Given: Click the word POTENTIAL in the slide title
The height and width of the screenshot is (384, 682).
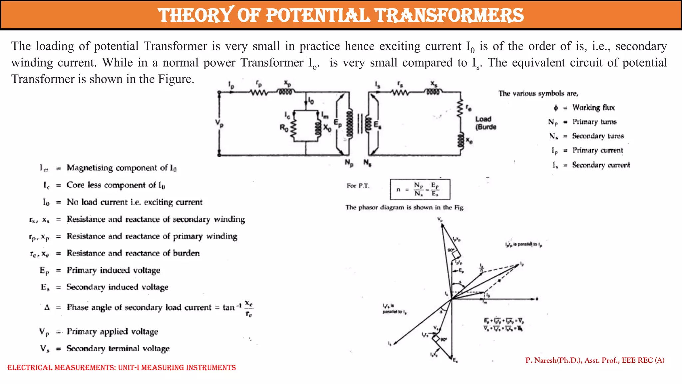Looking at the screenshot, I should (318, 15).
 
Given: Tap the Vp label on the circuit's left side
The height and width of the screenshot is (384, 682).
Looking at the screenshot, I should (219, 123).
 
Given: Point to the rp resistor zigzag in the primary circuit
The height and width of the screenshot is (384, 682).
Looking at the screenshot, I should (259, 93).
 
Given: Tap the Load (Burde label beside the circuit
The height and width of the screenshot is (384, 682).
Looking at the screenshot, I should (485, 123).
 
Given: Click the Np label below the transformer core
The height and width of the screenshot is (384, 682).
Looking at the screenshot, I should (349, 163).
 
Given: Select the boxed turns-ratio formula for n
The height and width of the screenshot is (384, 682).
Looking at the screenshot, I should (420, 189).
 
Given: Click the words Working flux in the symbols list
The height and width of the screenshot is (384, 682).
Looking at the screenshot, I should (593, 108).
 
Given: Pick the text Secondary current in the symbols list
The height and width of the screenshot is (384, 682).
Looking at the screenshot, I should (601, 165).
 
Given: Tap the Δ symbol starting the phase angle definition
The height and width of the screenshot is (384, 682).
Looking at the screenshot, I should (47, 307).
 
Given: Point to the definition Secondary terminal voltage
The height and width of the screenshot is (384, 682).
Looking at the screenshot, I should (118, 348).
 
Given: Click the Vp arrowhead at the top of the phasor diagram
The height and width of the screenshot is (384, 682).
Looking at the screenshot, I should (442, 226).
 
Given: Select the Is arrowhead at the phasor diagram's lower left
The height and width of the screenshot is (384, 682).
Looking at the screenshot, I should (395, 342).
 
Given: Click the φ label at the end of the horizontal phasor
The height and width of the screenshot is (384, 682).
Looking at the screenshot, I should (537, 299).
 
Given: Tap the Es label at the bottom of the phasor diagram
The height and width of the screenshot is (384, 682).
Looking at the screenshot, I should (455, 360).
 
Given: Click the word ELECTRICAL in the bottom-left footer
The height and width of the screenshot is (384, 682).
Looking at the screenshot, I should (30, 368).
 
